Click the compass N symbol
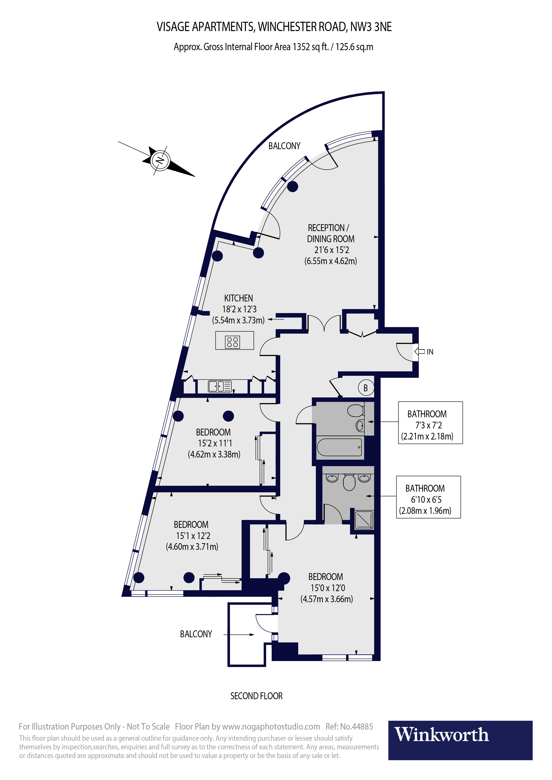coord(160,160)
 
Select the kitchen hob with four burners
coord(232,342)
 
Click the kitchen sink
coord(220,386)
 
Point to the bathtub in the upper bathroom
coord(340,447)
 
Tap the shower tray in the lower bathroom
coord(364,520)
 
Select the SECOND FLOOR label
coord(256,696)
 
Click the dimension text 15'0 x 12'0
coord(328,588)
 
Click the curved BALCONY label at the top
coord(284,146)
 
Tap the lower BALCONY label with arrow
coord(196,634)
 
